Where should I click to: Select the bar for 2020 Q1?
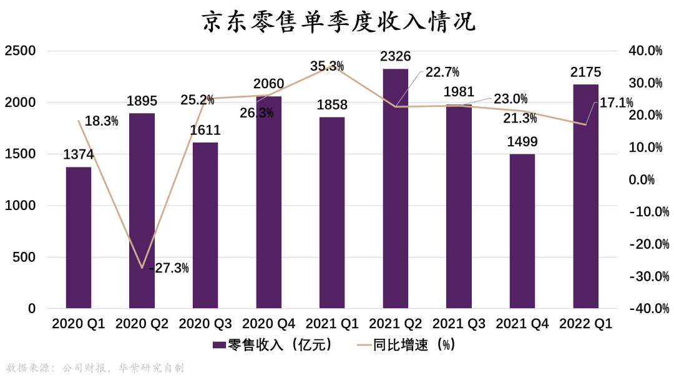pos(79,237)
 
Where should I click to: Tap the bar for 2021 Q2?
pos(396,187)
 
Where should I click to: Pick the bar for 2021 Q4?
pos(522,231)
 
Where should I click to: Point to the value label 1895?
pos(142,101)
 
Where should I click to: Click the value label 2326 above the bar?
pos(396,57)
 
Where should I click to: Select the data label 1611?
pos(205,131)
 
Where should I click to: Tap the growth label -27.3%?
pos(168,268)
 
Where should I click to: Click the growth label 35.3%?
pos(328,66)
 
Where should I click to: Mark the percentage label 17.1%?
pos(616,102)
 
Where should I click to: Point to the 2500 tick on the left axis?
pos(20,51)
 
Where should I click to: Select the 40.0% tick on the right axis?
pos(646,51)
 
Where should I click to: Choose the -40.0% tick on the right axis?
pos(644,309)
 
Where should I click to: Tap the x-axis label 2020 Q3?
pos(205,324)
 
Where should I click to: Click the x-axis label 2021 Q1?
pos(332,324)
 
